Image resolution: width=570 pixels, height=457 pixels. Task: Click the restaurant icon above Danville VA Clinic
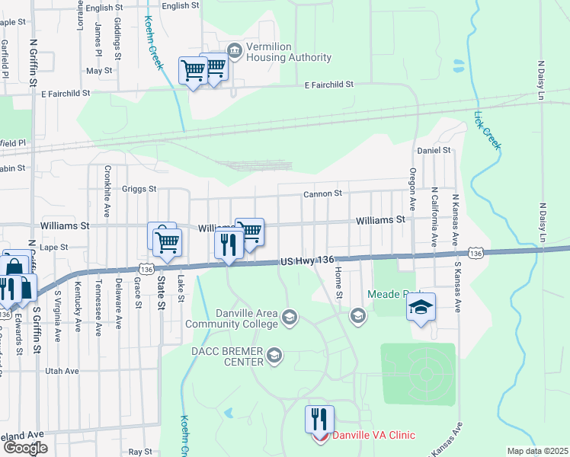coord(319,420)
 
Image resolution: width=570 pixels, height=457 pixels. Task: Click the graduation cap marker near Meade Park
coord(420,307)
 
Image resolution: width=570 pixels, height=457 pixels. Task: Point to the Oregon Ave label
coord(412,189)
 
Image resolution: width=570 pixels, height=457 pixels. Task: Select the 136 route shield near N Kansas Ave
coord(476,253)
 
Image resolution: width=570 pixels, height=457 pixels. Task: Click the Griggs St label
coord(139,188)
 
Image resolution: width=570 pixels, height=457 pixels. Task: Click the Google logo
coord(25,447)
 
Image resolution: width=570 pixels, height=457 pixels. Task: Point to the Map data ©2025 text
coord(537,451)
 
